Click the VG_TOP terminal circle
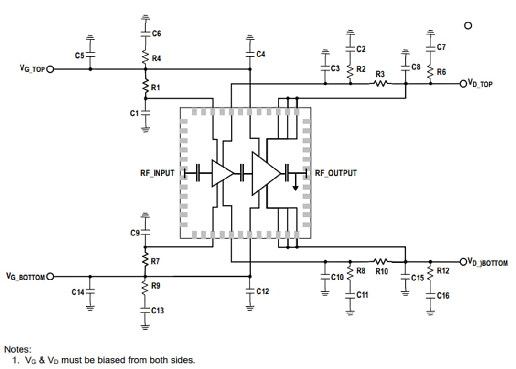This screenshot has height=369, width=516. pyautogui.click(x=50, y=69)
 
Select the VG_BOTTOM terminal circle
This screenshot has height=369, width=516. pyautogui.click(x=50, y=276)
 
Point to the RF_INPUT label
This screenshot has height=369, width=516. pyautogui.click(x=157, y=173)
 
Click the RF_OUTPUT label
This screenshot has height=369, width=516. pyautogui.click(x=335, y=173)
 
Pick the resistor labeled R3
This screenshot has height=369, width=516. pyautogui.click(x=380, y=83)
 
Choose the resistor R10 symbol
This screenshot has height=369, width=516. pyautogui.click(x=381, y=261)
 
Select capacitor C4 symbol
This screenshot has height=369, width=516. pyautogui.click(x=249, y=54)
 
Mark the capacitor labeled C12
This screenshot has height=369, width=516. pyautogui.click(x=249, y=291)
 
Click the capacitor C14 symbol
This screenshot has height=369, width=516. pyautogui.click(x=90, y=291)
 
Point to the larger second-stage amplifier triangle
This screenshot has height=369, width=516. pyautogui.click(x=266, y=173)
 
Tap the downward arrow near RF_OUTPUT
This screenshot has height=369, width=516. pyautogui.click(x=296, y=185)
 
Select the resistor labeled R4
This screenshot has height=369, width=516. pyautogui.click(x=146, y=58)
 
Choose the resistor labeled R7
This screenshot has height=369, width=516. pyautogui.click(x=146, y=261)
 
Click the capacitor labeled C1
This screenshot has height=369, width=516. pyautogui.click(x=146, y=113)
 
